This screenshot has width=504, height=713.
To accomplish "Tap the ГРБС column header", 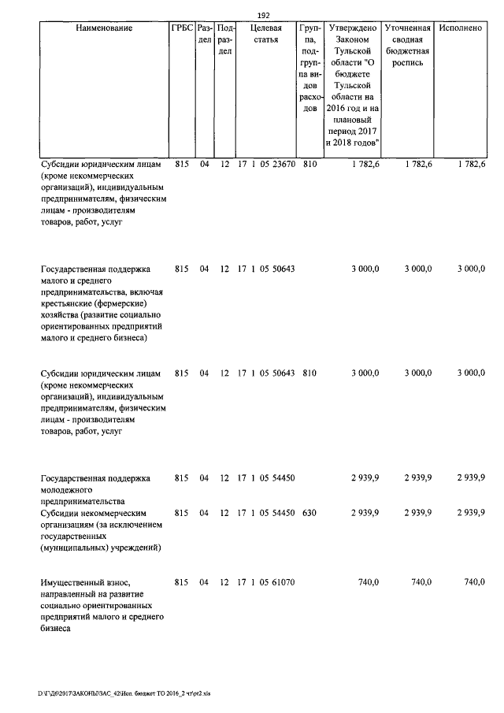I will pyautogui.click(x=181, y=28).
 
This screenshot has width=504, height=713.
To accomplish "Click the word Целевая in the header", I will pyautogui.click(x=266, y=28).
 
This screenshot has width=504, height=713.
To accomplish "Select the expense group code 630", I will pyautogui.click(x=309, y=512).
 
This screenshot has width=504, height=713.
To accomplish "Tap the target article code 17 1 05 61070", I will pyautogui.click(x=266, y=581).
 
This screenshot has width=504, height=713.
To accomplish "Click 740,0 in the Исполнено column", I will pyautogui.click(x=474, y=581).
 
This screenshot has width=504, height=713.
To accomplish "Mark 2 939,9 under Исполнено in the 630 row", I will pyautogui.click(x=471, y=512).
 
